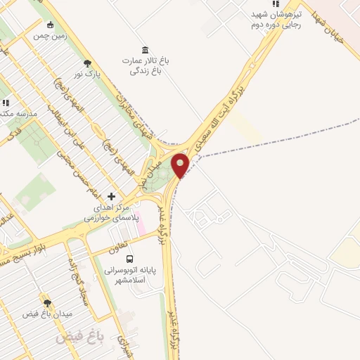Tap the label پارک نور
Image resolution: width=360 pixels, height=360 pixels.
[89, 73]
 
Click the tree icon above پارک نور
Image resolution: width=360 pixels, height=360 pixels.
[87, 63]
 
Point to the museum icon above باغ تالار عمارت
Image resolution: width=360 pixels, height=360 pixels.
[145, 49]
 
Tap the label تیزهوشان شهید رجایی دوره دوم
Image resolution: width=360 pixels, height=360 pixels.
[276, 19]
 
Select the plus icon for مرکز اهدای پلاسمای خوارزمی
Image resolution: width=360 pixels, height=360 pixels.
[111, 197]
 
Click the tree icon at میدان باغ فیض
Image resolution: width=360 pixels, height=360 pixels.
[48, 303]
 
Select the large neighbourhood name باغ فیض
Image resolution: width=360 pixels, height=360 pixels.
[79, 337]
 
